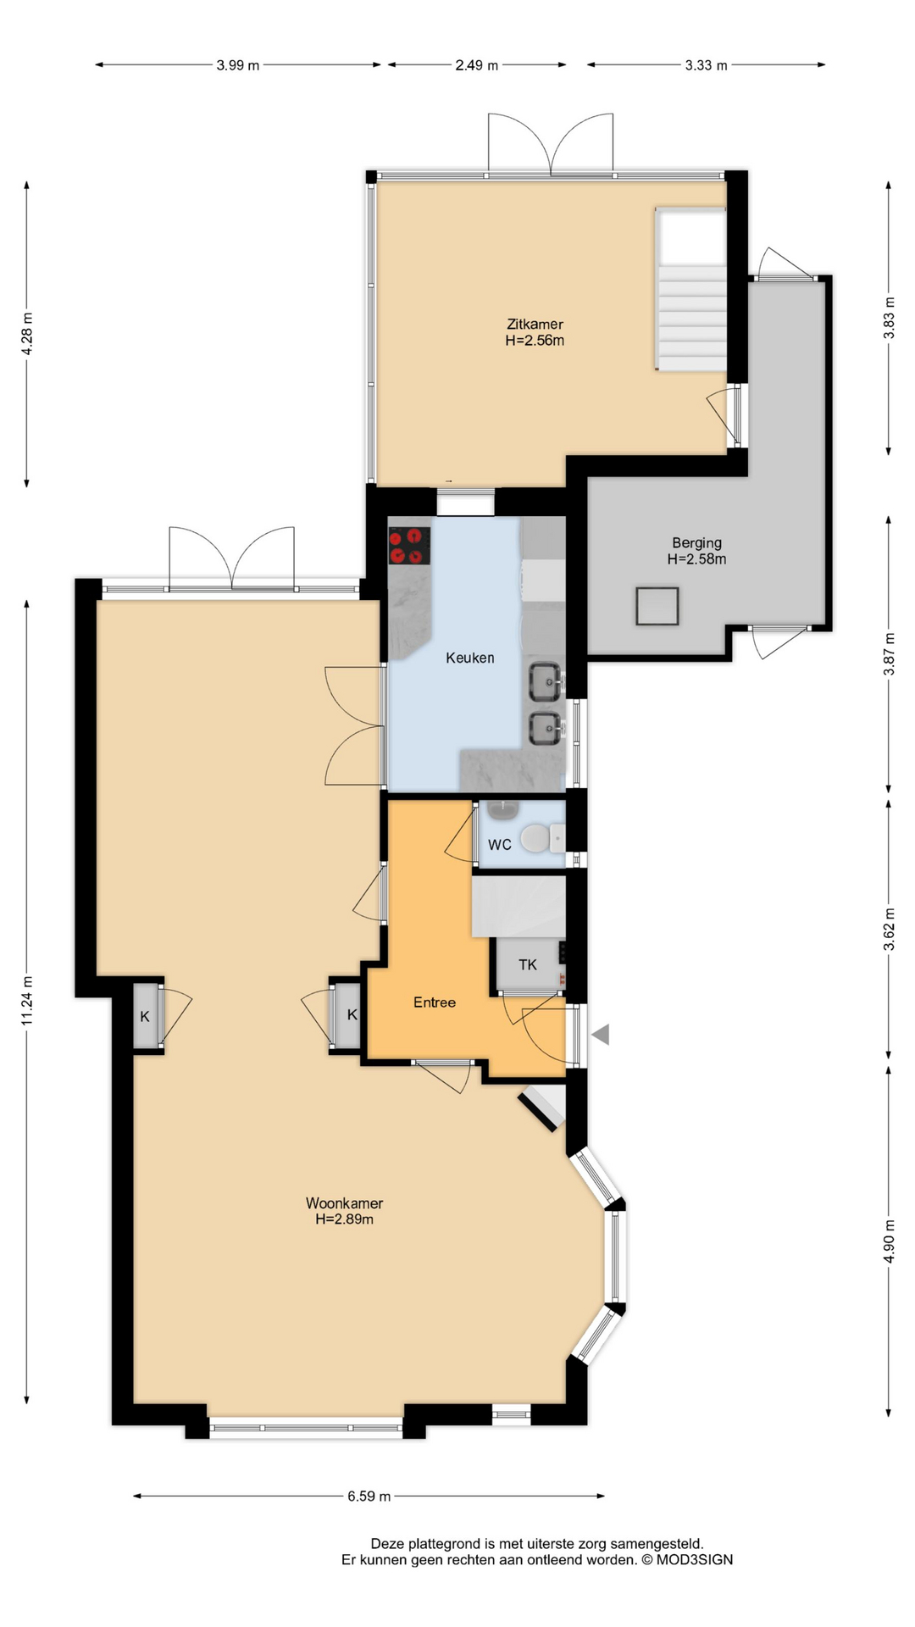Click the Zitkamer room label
click(535, 324)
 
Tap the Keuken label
click(470, 658)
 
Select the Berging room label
click(697, 543)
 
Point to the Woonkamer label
click(344, 1203)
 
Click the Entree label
click(435, 1002)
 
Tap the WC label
click(500, 845)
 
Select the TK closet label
click(528, 964)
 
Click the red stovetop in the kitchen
click(409, 546)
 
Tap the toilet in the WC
click(542, 839)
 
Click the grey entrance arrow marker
click(601, 1034)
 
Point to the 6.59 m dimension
click(369, 1497)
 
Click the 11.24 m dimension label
click(27, 1001)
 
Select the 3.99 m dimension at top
click(238, 65)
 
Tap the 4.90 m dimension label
click(889, 1241)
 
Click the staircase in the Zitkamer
click(690, 290)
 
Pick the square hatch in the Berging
click(657, 607)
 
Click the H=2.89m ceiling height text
click(344, 1219)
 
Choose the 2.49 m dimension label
click(477, 65)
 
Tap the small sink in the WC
click(503, 810)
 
